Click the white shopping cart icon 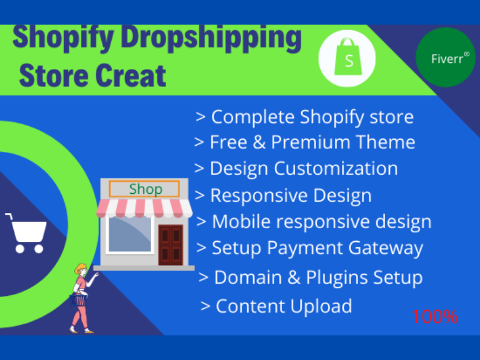tap(25, 232)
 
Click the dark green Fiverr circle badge tap(445, 58)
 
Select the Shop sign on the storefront tap(145, 190)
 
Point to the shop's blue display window tap(130, 234)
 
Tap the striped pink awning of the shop tap(144, 208)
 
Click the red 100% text tap(435, 316)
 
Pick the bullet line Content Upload tap(277, 306)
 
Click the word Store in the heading tap(49, 76)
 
